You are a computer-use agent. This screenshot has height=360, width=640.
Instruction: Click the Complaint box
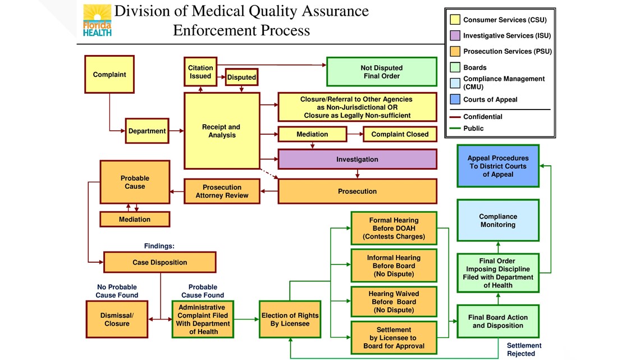(x=109, y=74)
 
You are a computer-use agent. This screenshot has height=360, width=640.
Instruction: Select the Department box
(x=147, y=131)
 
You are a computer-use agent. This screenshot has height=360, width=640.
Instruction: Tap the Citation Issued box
(x=200, y=72)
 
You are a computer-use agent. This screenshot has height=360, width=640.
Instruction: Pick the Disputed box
(x=241, y=77)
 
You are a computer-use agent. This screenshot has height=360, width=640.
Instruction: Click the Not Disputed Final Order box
(x=382, y=72)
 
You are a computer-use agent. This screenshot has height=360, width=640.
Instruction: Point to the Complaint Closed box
(x=400, y=134)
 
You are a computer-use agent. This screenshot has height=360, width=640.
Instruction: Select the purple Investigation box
(x=357, y=159)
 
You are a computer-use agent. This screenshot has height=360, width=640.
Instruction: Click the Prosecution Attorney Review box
(x=222, y=191)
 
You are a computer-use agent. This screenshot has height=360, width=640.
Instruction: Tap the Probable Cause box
(x=135, y=182)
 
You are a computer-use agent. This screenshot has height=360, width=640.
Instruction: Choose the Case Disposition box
(x=159, y=262)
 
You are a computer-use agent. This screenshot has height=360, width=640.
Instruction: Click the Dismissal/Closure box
(x=117, y=319)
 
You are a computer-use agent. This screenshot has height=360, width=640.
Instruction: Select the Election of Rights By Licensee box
(x=290, y=319)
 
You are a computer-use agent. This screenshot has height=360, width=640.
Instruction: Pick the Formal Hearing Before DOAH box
(x=394, y=228)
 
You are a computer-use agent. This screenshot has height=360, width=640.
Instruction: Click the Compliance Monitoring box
(x=498, y=220)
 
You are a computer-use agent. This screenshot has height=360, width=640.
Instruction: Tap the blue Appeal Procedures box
(x=498, y=166)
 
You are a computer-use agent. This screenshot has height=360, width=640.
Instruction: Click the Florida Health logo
(x=97, y=20)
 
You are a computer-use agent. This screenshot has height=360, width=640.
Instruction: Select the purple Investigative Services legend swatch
(x=455, y=35)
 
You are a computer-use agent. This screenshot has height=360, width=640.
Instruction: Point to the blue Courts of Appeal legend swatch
(x=455, y=99)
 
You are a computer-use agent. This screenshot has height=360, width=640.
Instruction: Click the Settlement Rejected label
(x=524, y=349)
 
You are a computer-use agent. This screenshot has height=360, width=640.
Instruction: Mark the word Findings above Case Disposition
(x=159, y=246)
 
